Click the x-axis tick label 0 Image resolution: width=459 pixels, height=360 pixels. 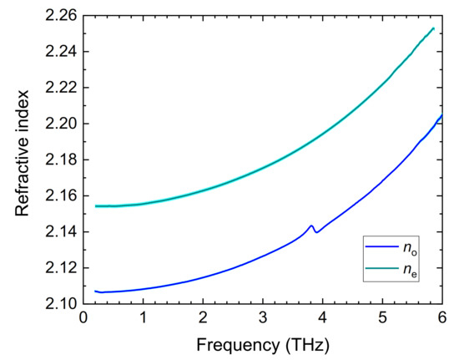(83, 319)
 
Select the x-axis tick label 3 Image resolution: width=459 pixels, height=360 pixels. (262, 319)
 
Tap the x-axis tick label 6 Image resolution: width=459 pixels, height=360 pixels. (441, 319)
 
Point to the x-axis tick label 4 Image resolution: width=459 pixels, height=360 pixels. (322, 319)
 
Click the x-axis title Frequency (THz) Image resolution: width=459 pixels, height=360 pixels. (262, 345)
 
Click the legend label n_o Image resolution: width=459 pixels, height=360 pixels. (412, 248)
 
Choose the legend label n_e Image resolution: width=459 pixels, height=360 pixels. (412, 268)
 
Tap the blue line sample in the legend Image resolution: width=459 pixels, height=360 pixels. (382, 247)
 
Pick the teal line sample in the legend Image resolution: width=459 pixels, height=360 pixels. (382, 267)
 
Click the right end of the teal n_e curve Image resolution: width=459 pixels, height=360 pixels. (434, 28)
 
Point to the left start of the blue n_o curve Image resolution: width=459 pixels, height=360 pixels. (95, 291)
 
